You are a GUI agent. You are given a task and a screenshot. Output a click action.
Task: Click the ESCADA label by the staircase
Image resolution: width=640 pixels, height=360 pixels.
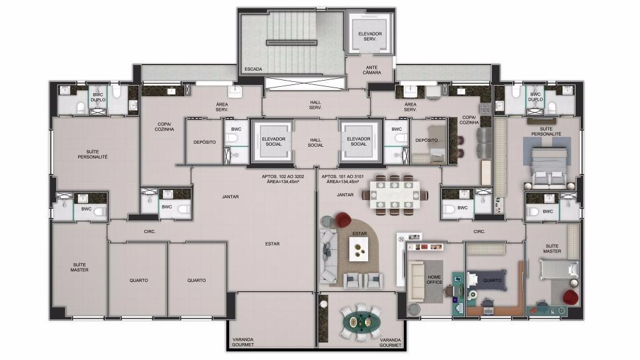pos(253,69)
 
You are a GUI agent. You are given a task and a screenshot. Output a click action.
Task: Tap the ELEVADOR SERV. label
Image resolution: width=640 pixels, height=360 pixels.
pos(370,36)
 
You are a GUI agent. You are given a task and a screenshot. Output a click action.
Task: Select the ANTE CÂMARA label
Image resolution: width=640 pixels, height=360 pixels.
pos(372,70)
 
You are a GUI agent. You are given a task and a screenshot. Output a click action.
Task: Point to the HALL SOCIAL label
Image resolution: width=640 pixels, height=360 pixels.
pos(316,142)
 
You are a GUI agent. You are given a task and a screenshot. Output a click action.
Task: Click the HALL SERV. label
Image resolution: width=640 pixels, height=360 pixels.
pos(316,105)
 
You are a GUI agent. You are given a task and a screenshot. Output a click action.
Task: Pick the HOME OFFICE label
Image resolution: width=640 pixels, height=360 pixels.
pos(434,279)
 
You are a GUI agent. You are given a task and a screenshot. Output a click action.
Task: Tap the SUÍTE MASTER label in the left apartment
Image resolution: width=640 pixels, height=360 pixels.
pos(79,267)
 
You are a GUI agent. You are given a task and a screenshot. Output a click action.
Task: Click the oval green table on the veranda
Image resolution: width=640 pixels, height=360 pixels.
pos(362,322)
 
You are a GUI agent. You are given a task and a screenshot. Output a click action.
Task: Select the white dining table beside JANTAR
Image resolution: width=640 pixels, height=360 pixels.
pos(394,195)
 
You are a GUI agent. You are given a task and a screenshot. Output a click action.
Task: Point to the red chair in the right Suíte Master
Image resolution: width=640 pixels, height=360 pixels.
pos(570,297)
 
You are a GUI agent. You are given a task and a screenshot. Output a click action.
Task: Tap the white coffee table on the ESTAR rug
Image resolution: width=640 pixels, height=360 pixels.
pos(359,249)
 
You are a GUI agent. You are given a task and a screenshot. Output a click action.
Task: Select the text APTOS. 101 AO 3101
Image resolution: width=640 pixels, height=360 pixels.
pos(342,177)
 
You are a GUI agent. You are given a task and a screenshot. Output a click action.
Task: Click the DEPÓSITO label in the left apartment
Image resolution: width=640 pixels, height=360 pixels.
pos(204,142)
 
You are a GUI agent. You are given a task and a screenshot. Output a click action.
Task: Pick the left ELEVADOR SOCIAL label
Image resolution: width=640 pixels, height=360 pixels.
pos(274,141)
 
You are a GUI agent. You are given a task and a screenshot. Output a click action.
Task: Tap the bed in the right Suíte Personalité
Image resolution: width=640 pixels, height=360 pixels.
pos(549,166)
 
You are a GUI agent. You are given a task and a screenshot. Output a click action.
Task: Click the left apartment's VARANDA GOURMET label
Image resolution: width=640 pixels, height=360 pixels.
pos(243,342)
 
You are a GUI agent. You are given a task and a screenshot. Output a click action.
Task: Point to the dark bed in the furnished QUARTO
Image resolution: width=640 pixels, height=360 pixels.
pos(487,281)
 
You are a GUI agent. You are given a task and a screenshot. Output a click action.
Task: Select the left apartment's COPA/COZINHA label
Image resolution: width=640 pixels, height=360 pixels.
pos(164,126)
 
